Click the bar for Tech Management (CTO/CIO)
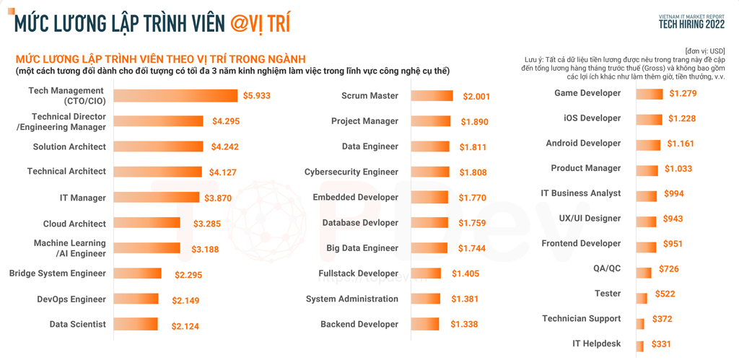tap(175, 96)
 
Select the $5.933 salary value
tap(256, 95)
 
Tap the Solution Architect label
tap(69, 146)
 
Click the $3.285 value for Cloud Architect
tap(207, 224)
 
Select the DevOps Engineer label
tap(71, 299)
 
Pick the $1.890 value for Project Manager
tap(475, 122)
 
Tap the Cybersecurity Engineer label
tap(351, 172)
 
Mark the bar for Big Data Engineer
tap(433, 248)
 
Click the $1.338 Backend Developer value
tap(464, 325)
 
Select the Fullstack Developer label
tap(358, 273)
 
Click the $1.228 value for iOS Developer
tap(682, 118)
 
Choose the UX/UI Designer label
tap(590, 218)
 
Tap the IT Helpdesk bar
tap(640, 344)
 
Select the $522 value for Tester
tap(665, 294)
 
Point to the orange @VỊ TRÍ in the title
tap(261, 23)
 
